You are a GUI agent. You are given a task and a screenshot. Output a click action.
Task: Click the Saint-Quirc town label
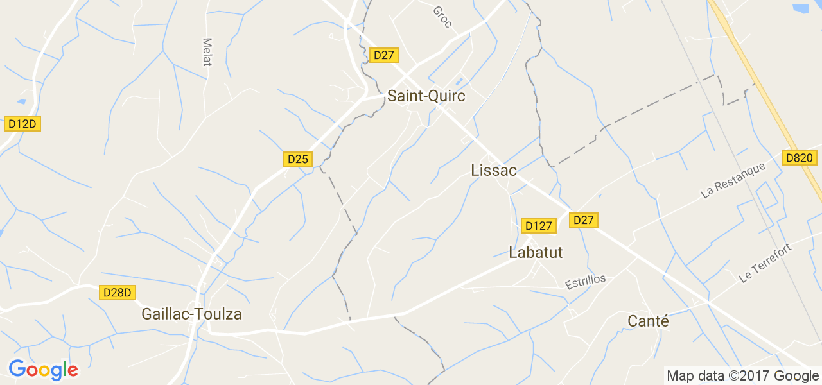click(426, 96)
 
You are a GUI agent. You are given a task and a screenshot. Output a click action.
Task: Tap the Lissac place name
click(493, 170)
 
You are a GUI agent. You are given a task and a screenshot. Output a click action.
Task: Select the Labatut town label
click(536, 253)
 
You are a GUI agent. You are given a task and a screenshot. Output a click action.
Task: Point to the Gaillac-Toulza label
click(191, 314)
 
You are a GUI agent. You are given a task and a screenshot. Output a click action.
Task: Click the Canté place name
click(648, 321)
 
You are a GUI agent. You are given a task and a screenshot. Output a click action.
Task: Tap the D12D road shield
click(22, 124)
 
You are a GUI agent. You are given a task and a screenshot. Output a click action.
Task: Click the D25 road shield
click(298, 159)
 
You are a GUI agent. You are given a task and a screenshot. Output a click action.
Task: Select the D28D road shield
click(118, 293)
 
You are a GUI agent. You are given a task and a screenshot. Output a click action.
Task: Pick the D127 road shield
click(538, 226)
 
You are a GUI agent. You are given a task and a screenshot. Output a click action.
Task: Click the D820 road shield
click(799, 158)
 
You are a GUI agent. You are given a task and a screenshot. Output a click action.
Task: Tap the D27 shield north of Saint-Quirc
click(383, 55)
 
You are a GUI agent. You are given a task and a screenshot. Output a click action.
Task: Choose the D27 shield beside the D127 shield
click(583, 220)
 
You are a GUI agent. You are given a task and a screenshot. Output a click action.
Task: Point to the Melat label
click(207, 51)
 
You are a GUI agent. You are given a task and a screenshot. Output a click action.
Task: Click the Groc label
click(442, 17)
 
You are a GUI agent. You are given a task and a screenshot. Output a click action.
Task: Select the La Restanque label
click(733, 180)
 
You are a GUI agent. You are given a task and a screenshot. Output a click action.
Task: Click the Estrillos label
click(585, 282)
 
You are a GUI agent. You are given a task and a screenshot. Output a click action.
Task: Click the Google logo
click(43, 370)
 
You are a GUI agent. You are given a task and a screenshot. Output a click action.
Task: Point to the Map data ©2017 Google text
click(742, 375)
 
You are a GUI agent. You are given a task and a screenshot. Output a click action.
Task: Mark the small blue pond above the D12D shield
click(22, 101)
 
